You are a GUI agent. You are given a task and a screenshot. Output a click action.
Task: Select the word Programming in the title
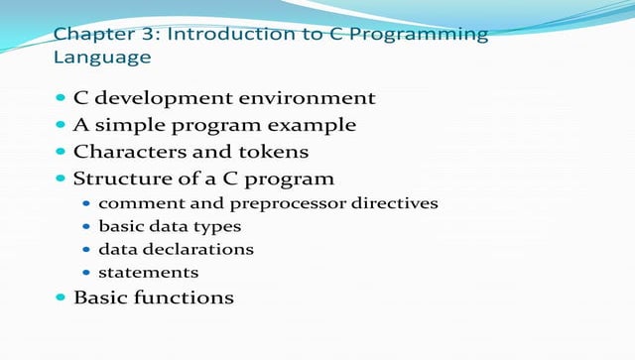[431, 35]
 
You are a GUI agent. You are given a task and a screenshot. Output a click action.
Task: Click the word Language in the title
[101, 58]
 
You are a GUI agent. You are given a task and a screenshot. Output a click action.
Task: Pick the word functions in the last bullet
[189, 298]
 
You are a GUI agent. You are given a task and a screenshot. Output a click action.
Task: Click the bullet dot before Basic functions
[61, 297]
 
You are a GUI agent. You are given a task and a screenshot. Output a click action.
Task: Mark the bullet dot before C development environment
[61, 98]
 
